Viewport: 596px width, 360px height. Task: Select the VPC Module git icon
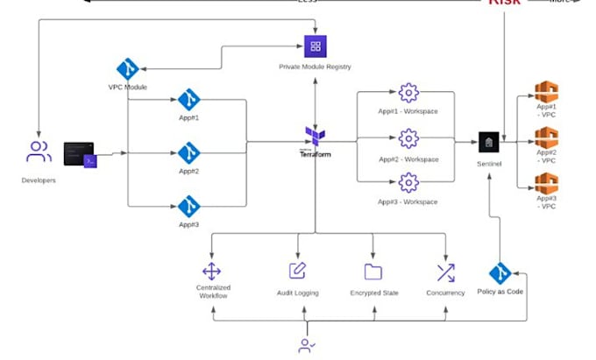click(x=128, y=70)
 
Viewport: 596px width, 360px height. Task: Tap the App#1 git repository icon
click(x=188, y=100)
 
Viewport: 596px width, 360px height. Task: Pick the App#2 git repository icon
click(x=188, y=152)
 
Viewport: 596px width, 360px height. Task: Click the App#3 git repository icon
click(x=188, y=206)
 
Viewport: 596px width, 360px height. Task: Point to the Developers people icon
click(x=39, y=152)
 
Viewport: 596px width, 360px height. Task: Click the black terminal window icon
click(x=80, y=153)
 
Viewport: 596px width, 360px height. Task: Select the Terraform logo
click(x=316, y=138)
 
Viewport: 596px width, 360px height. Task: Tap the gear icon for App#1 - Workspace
click(x=408, y=93)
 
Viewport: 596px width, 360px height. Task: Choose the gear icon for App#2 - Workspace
click(x=408, y=139)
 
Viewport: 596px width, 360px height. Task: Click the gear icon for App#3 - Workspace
click(x=408, y=182)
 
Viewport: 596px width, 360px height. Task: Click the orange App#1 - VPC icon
click(x=547, y=93)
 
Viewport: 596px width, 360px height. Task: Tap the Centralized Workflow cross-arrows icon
click(x=212, y=272)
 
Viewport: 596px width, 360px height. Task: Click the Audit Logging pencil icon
click(x=298, y=271)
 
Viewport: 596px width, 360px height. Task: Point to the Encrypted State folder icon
click(x=373, y=272)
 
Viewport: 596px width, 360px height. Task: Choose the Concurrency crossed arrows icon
click(x=445, y=272)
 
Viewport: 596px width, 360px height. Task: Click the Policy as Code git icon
click(x=500, y=272)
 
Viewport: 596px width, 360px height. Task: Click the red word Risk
click(x=505, y=3)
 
